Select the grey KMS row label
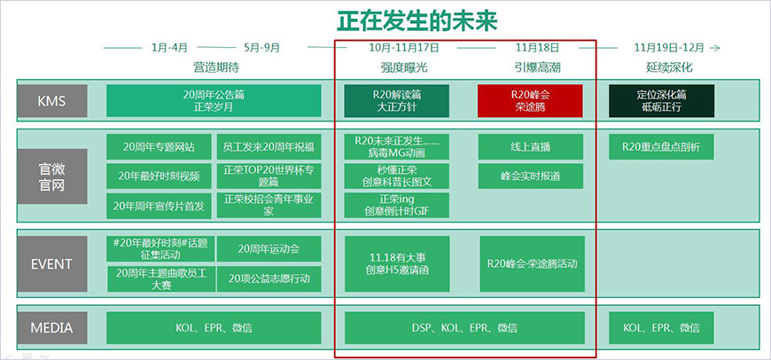click(x=51, y=100)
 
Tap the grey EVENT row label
click(x=51, y=263)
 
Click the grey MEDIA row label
click(x=51, y=328)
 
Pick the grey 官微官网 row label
click(x=51, y=176)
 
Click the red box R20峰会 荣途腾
click(x=530, y=100)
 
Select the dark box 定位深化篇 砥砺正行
click(x=661, y=100)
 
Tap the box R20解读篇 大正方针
click(x=396, y=100)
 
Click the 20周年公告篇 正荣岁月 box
click(x=213, y=100)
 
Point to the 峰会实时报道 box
click(x=531, y=176)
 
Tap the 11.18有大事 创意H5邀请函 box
click(x=396, y=263)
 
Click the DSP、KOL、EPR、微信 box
click(x=464, y=328)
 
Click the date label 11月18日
click(x=536, y=47)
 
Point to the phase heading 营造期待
click(x=215, y=67)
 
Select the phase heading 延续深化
click(x=664, y=67)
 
